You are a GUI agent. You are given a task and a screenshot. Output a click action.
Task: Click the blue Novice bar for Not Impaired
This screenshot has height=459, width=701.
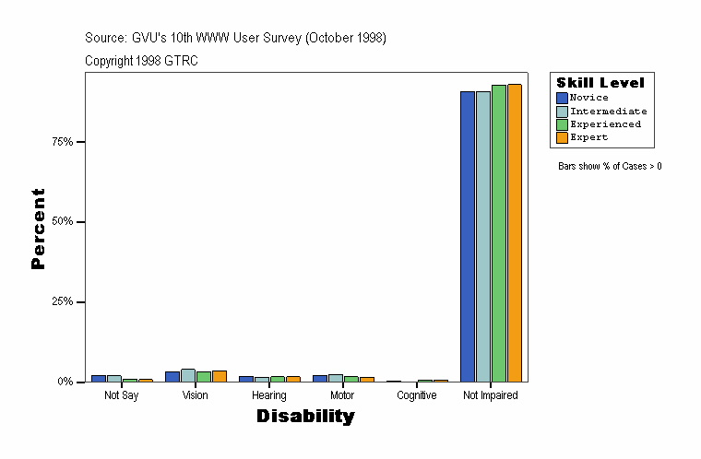tap(468, 236)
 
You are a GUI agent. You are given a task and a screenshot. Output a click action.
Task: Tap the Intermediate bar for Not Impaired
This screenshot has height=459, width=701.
tap(483, 236)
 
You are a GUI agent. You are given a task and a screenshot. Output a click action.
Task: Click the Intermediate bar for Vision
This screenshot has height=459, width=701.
tap(188, 375)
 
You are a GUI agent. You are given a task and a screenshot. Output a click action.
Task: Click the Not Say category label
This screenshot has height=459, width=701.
tap(121, 395)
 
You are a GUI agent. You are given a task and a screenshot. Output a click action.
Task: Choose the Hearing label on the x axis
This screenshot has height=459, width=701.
tap(268, 395)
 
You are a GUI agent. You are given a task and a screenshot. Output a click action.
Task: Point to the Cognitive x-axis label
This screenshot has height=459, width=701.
tap(416, 395)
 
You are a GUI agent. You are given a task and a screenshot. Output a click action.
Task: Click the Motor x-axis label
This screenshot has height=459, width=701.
tap(342, 395)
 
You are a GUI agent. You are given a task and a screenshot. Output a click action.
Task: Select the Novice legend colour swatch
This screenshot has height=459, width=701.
tap(562, 98)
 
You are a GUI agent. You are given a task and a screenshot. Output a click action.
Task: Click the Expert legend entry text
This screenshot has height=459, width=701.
tap(588, 137)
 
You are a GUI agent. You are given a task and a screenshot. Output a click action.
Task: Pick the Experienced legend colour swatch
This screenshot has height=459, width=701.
tap(562, 124)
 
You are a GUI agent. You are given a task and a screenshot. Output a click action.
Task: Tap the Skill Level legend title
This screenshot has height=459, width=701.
tap(600, 83)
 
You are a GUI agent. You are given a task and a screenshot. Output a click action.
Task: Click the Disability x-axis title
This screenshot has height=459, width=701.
tap(305, 417)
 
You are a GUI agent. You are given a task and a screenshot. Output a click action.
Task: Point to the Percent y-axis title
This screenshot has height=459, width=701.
tap(38, 229)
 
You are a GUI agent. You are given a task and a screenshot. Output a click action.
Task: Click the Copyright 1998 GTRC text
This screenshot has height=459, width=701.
tap(141, 61)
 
